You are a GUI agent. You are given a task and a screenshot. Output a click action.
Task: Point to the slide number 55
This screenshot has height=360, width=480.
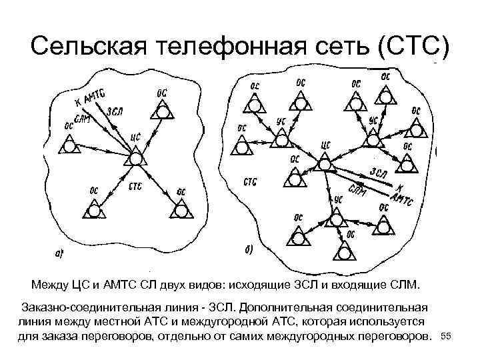[x=447, y=338]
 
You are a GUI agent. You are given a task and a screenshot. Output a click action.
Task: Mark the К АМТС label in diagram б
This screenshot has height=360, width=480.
[x=402, y=193]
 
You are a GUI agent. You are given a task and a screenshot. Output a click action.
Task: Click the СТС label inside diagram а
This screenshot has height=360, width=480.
[x=135, y=186]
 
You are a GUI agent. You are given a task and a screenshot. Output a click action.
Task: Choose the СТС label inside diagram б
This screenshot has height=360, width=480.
[x=251, y=181]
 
